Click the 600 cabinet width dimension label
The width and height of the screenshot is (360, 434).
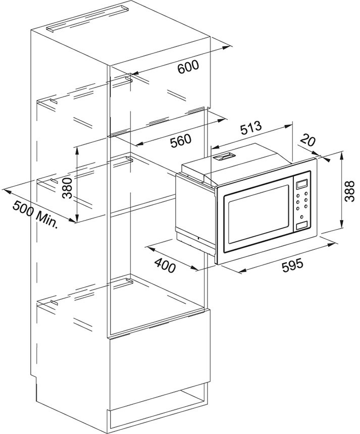click(188, 67)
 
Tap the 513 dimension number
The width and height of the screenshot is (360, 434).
click(250, 128)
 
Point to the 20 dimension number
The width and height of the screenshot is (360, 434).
click(307, 140)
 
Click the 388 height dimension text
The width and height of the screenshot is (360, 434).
click(349, 191)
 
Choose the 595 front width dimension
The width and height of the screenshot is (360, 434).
click(292, 265)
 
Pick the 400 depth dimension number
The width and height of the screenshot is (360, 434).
click(165, 264)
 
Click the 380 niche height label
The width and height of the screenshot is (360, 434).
click(67, 188)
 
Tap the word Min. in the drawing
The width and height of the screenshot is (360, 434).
click(47, 219)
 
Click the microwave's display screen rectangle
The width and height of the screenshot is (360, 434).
click(302, 184)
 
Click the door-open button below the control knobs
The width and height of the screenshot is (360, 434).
click(301, 226)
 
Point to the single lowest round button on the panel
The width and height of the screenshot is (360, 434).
click(301, 217)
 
